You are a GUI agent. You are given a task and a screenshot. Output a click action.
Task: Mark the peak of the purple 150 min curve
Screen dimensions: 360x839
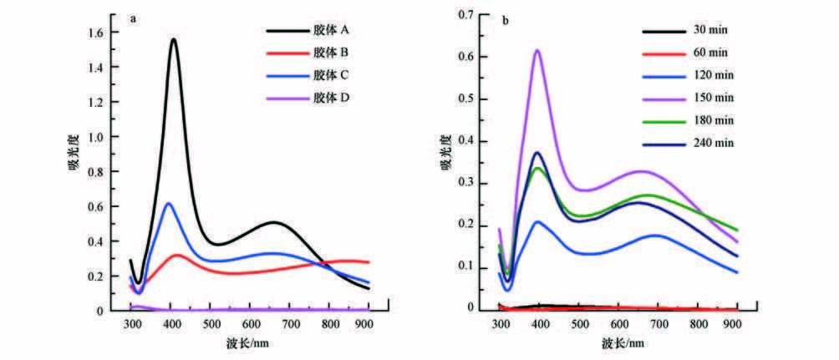pos(537,50)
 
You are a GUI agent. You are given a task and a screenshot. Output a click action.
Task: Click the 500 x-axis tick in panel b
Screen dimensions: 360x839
pos(578,323)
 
